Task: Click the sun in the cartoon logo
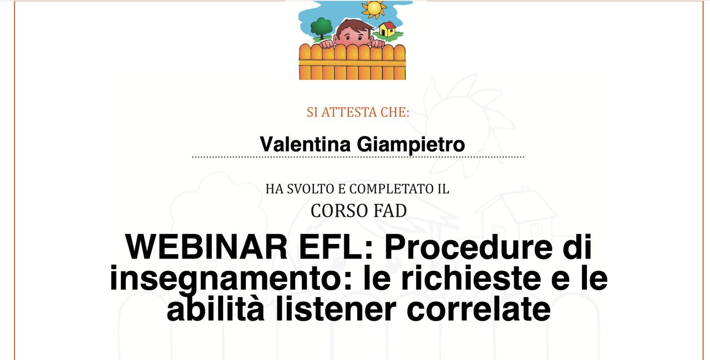(374, 8)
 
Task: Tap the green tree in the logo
(321, 28)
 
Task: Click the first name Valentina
(305, 144)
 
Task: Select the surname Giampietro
(411, 145)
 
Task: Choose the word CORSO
(339, 211)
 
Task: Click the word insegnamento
(231, 279)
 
